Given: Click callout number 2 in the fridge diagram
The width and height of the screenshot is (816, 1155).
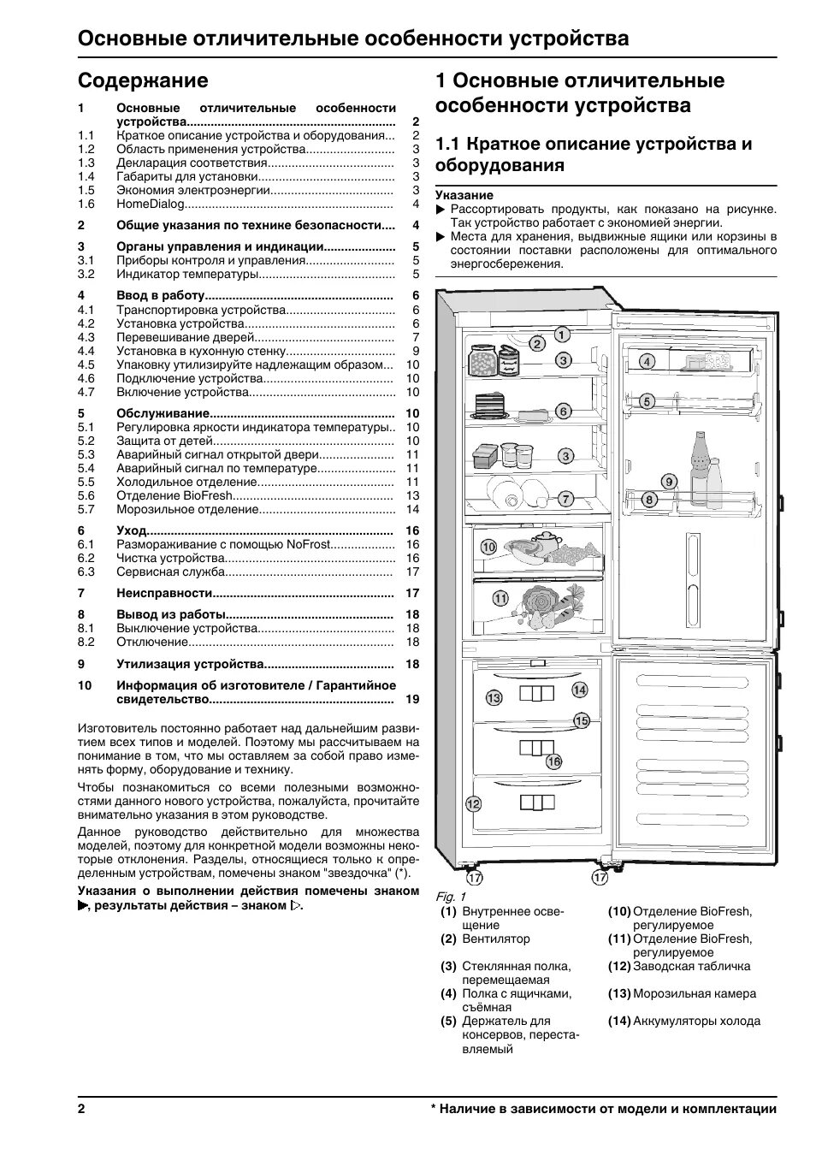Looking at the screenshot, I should tap(537, 344).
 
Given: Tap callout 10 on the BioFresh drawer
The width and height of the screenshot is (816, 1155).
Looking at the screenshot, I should tap(488, 547).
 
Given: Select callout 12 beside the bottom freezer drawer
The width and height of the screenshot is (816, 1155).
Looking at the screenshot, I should tap(473, 803).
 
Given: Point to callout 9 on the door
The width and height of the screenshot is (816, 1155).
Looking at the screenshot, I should tap(669, 482).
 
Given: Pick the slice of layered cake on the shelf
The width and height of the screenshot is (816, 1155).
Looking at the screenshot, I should tap(487, 406).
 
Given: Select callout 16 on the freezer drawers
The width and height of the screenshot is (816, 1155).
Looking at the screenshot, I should tap(553, 761).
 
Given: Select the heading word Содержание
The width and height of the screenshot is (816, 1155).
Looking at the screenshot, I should tap(143, 80).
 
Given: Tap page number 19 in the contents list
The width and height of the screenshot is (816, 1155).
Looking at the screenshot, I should tap(412, 699).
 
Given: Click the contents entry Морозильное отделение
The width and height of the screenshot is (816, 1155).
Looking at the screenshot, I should tap(187, 509).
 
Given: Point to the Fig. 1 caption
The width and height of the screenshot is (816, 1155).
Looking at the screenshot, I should tap(451, 896).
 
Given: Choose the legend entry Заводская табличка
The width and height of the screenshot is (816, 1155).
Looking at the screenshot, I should tap(691, 966).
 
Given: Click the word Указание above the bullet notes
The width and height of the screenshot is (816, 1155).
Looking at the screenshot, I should tap(464, 195).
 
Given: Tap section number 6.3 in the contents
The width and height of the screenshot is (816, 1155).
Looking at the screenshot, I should tap(86, 572).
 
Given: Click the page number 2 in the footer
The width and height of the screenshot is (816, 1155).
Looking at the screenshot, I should tap(81, 1109).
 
